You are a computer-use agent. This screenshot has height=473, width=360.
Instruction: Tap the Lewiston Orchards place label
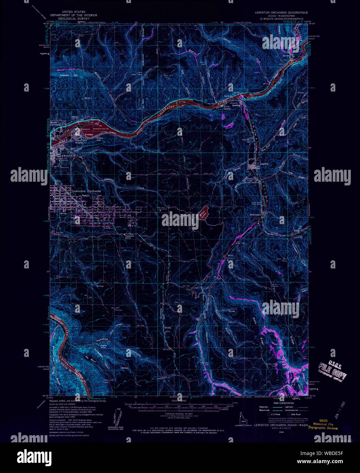coord(86,191)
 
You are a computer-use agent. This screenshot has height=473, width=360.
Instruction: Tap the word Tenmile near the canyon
coord(102,340)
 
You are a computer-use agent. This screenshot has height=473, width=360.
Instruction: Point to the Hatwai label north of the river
coord(75,117)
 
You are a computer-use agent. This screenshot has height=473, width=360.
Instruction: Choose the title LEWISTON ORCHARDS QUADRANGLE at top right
coord(282,12)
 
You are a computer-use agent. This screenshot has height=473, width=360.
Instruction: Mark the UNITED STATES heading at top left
coord(74,12)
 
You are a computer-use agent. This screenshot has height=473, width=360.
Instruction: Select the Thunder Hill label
coord(246,140)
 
